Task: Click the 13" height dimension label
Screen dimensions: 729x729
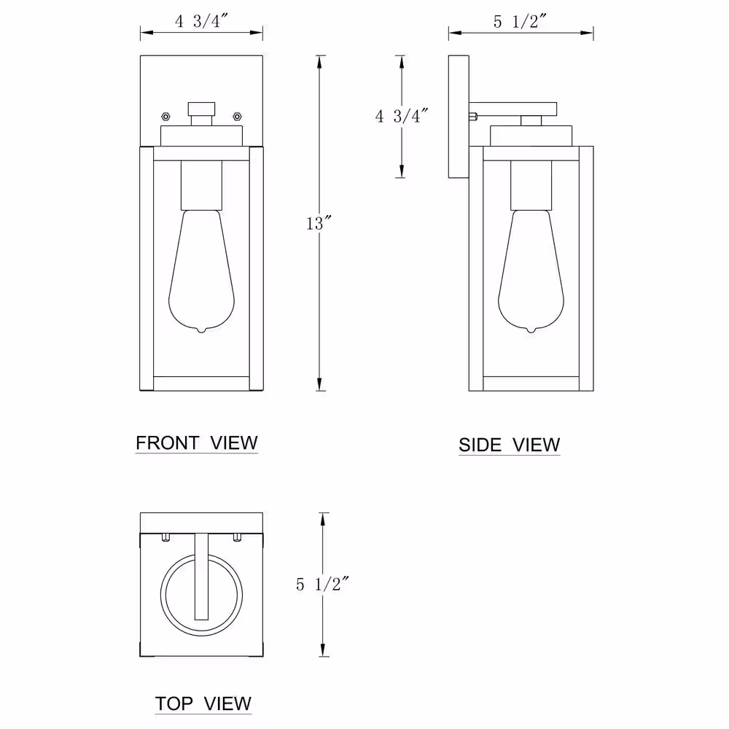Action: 319,223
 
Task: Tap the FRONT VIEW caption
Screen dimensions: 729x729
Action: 197,443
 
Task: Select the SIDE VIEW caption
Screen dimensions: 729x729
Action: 509,445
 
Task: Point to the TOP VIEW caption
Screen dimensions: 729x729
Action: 203,703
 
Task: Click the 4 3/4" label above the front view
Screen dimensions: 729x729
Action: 201,21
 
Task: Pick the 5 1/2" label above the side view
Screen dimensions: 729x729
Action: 521,21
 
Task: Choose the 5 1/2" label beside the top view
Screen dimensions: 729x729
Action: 322,584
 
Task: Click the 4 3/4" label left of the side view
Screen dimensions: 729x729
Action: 401,116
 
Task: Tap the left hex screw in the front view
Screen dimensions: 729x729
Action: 165,116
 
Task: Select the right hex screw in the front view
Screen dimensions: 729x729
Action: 237,116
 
